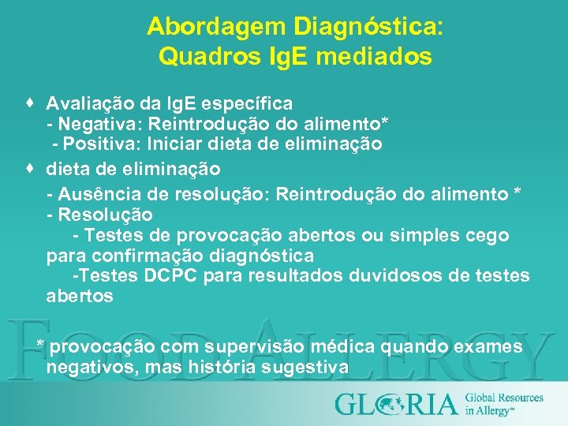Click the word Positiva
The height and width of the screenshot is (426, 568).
96,144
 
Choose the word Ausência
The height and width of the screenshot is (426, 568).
94,194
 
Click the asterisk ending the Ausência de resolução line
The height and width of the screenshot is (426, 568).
517,194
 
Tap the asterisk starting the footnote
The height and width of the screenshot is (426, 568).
41,345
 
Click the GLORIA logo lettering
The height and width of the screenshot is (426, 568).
396,403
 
